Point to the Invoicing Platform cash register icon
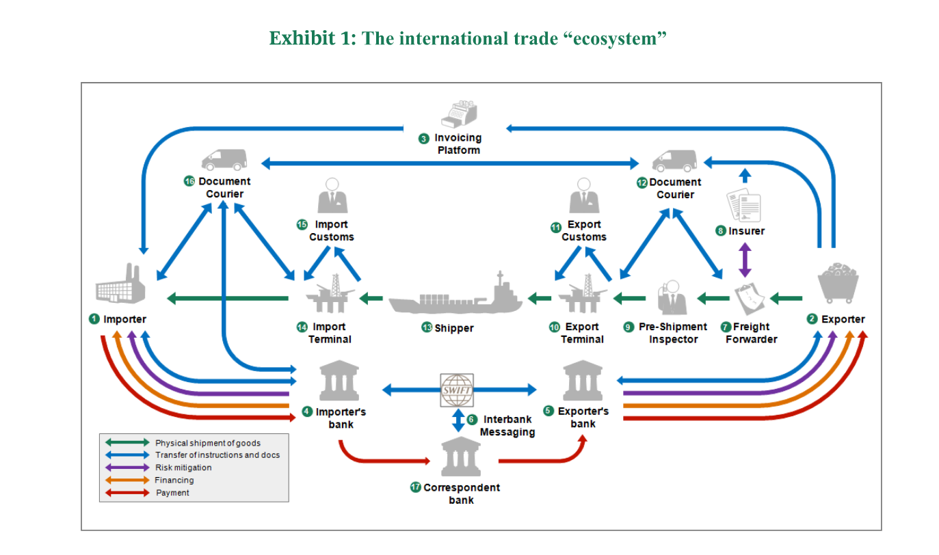point(458,114)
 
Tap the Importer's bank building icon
point(339,382)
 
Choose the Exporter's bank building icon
point(583,382)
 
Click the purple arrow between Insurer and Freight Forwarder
point(745,260)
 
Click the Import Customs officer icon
point(332,197)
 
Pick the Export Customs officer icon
point(584,197)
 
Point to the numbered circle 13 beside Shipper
point(427,327)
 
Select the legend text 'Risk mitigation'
point(183,468)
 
